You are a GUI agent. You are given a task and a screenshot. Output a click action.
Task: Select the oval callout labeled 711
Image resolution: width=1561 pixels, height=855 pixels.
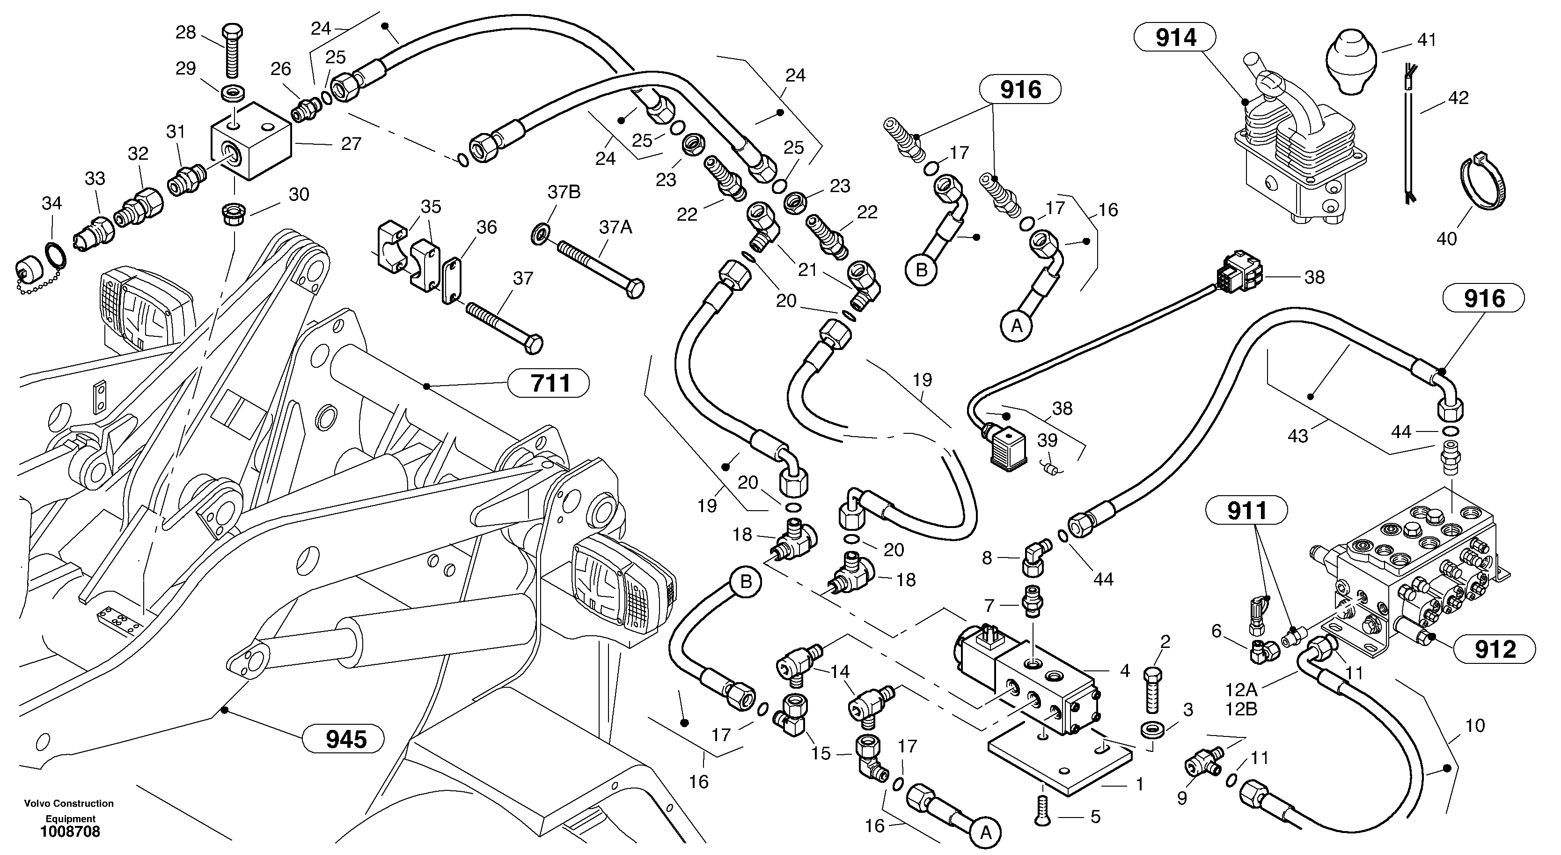[x=550, y=383]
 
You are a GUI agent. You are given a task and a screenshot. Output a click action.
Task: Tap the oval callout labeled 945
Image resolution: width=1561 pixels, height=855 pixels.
[x=345, y=739]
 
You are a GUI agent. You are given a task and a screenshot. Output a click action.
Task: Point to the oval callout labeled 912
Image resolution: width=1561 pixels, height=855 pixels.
[x=1495, y=649]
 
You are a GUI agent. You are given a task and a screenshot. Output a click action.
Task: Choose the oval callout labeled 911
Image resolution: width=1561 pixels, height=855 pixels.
[x=1246, y=511]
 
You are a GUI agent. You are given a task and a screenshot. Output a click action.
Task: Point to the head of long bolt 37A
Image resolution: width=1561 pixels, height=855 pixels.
[x=634, y=289]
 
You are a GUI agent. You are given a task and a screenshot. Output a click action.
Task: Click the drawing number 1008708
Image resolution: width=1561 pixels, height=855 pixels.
[x=70, y=832]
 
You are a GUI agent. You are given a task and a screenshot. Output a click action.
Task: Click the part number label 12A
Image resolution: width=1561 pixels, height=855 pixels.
[x=1241, y=690]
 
